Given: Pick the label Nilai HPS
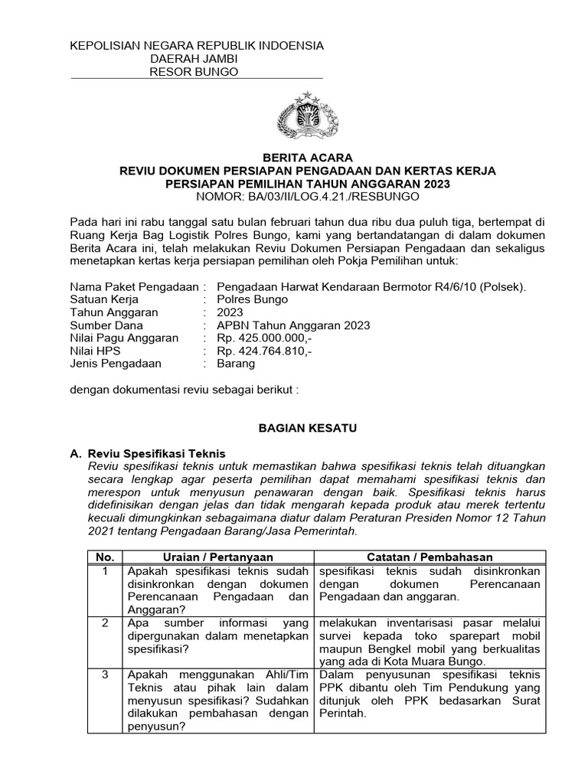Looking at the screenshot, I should coord(96,351).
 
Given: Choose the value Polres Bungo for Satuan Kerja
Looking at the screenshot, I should coord(250,299).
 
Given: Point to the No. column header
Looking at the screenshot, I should coord(103,557).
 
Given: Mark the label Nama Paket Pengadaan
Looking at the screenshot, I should coord(135,286).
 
